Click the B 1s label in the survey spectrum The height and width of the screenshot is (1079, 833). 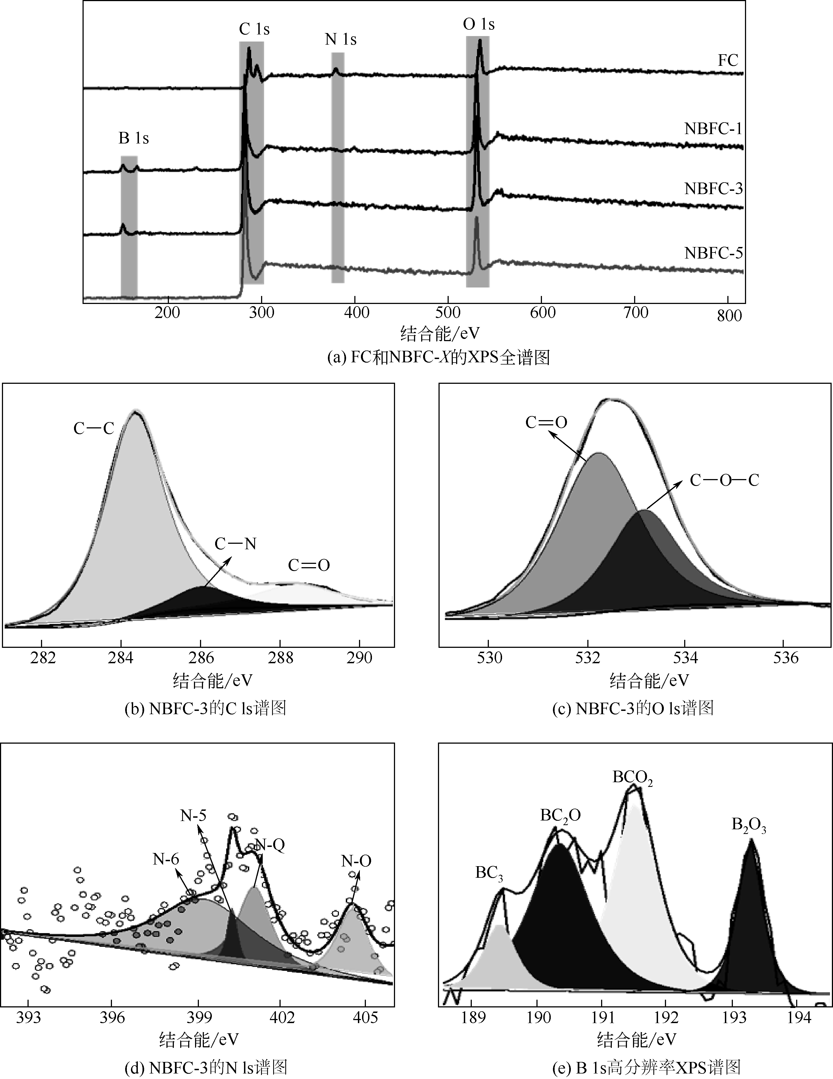(133, 138)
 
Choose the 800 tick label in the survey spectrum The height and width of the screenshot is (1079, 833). (729, 316)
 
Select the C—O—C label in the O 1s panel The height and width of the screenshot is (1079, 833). (724, 480)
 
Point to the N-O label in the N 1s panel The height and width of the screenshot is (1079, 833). (356, 861)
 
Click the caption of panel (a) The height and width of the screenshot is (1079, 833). (439, 358)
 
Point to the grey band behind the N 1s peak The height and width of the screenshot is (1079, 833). (338, 168)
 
